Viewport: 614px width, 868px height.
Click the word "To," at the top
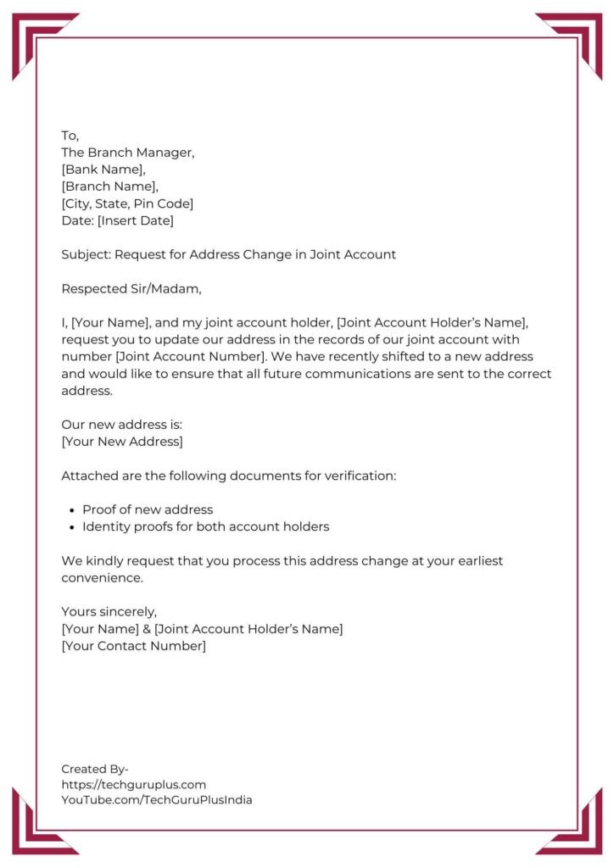(70, 136)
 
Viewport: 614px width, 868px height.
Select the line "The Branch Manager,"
(128, 153)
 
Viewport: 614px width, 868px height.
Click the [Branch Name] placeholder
(109, 186)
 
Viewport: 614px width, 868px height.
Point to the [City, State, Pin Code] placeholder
(127, 203)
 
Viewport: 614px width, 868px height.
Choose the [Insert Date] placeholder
(136, 220)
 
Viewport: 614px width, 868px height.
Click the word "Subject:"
(86, 254)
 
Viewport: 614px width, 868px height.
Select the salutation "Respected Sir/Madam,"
(131, 288)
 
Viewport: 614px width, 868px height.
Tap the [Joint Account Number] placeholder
(172, 357)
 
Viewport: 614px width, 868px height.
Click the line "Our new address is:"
(121, 425)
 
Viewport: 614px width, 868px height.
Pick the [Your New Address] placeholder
(121, 442)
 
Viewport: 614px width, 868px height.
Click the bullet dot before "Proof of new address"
(70, 510)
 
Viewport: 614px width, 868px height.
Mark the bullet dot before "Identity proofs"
(70, 527)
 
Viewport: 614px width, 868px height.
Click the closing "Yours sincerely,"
(109, 611)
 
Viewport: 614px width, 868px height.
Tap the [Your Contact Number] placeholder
(133, 646)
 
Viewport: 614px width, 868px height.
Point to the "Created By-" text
(95, 769)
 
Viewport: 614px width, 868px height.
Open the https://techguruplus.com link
(133, 784)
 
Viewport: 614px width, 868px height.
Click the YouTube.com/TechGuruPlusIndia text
(156, 799)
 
